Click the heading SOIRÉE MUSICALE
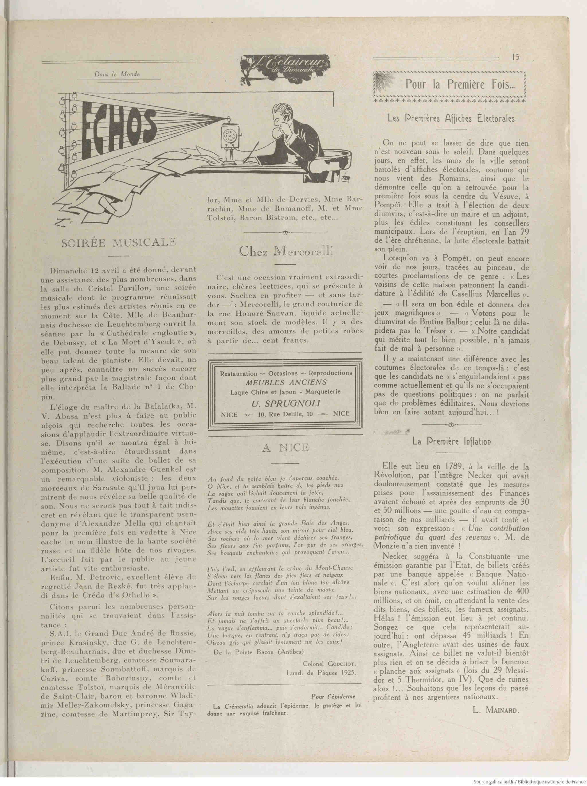[x=119, y=242]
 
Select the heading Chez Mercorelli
[x=285, y=251]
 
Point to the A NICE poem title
[x=285, y=448]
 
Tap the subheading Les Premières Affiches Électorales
[x=451, y=118]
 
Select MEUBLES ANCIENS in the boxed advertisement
[x=286, y=383]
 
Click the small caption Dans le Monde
[x=117, y=74]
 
